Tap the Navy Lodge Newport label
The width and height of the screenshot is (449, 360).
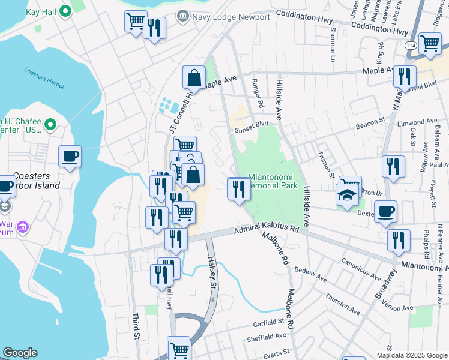pyautogui.click(x=231, y=17)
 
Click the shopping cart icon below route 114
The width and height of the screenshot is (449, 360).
pyautogui.click(x=430, y=43)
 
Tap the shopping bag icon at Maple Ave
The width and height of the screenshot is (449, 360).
pyautogui.click(x=194, y=77)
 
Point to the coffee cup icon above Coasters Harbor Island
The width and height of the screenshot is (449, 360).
pyautogui.click(x=70, y=157)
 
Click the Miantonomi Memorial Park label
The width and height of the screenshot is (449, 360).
pyautogui.click(x=273, y=181)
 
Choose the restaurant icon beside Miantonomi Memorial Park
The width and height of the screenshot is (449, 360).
pyautogui.click(x=238, y=189)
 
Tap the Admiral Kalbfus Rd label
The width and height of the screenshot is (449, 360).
pyautogui.click(x=266, y=229)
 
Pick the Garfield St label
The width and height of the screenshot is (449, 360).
pyautogui.click(x=268, y=321)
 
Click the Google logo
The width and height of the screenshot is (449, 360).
pyautogui.click(x=20, y=353)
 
